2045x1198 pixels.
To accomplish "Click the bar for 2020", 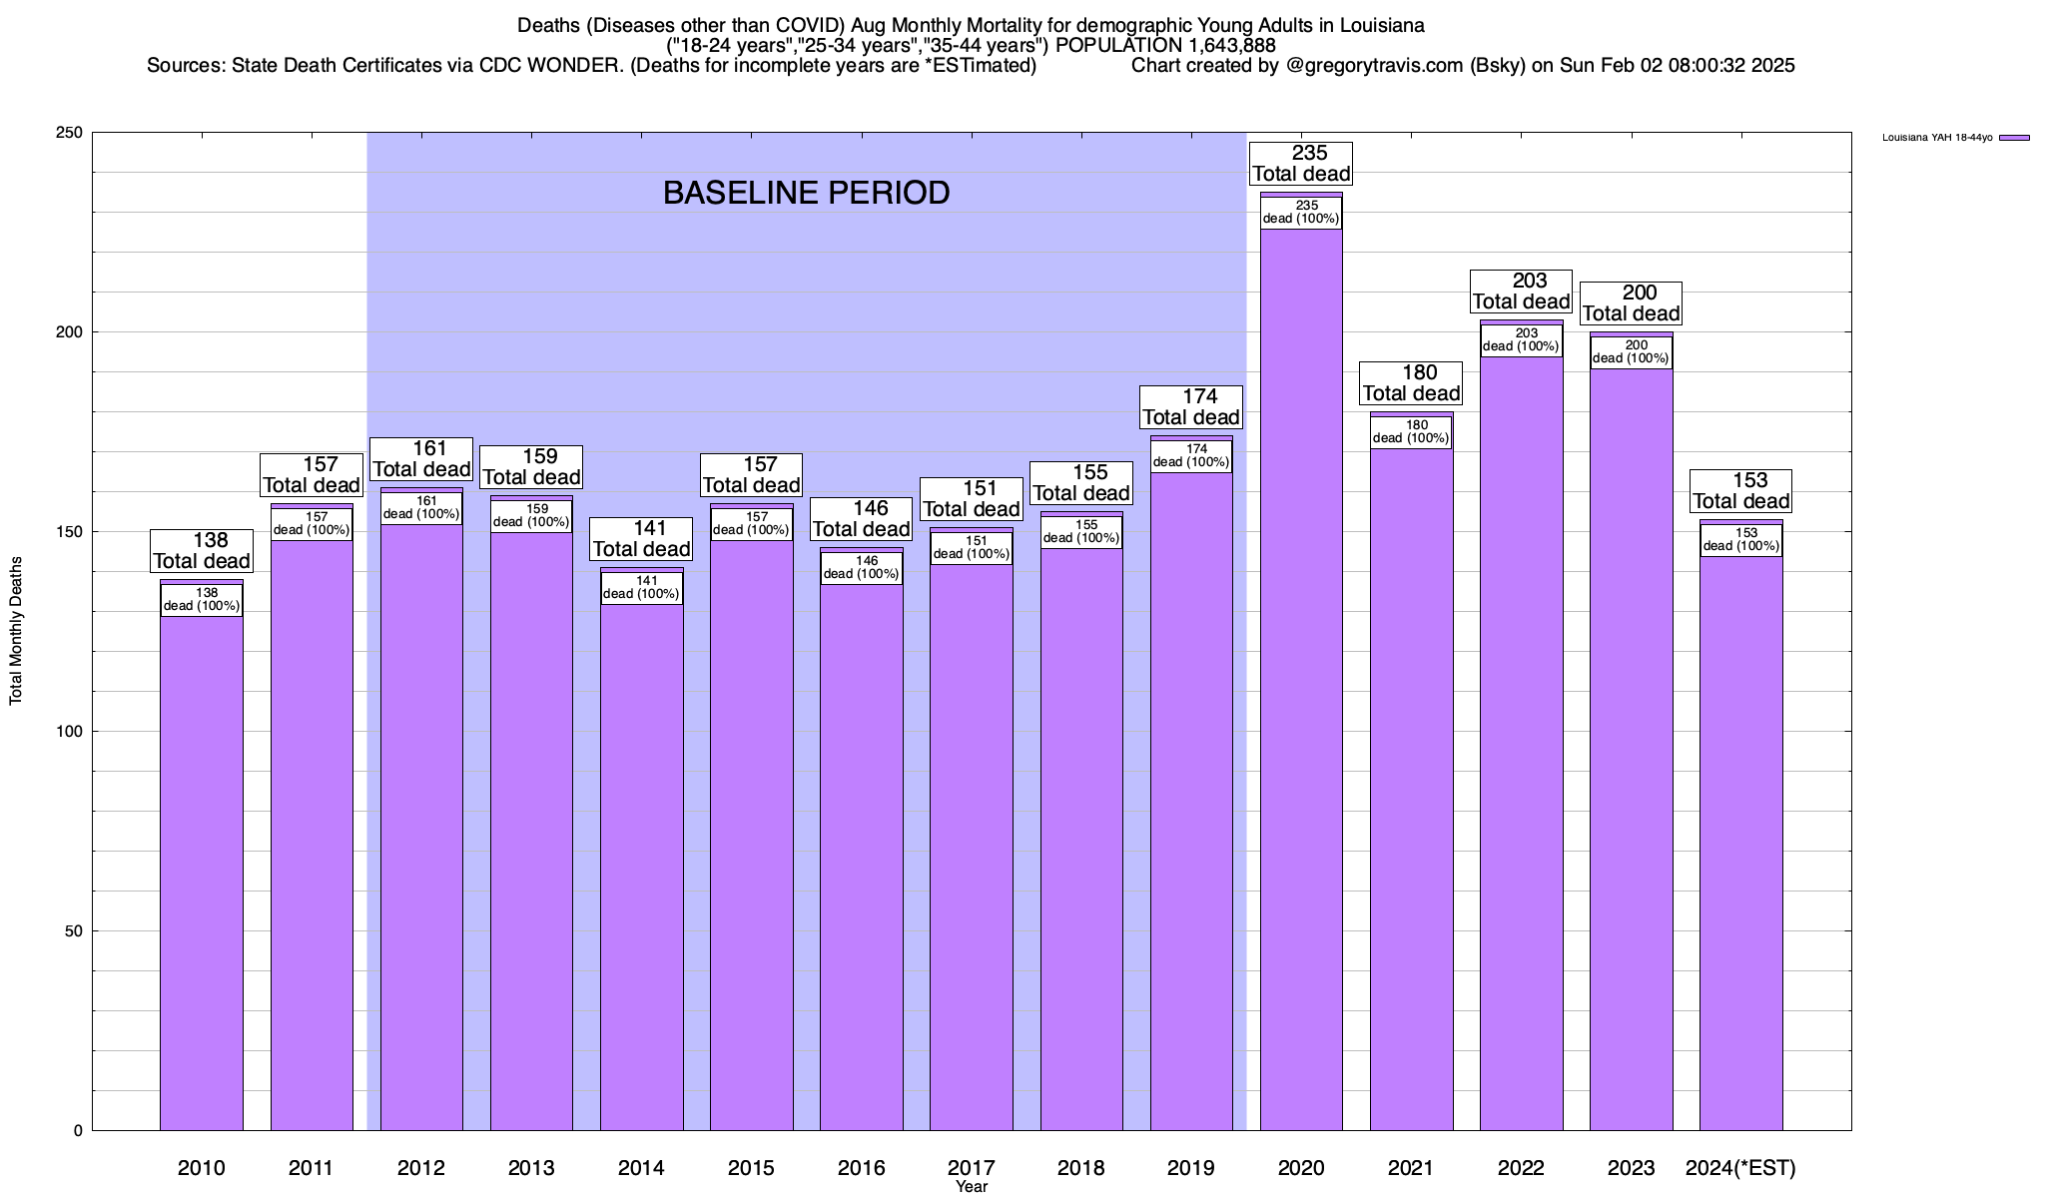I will (x=1301, y=679).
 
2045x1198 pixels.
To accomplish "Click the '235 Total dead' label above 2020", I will (x=1301, y=164).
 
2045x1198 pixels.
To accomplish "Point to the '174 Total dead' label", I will (x=1191, y=407).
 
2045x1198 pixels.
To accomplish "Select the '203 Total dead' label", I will (x=1521, y=292).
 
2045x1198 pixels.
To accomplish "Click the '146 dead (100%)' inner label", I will (x=861, y=568).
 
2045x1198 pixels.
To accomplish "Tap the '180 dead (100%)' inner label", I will (x=1411, y=432).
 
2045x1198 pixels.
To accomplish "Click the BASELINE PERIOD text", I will (x=806, y=193).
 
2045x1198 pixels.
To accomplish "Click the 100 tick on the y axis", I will (x=70, y=732).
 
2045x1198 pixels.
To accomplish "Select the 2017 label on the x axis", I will (x=971, y=1168).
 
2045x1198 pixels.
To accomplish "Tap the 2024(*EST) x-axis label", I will (x=1740, y=1168).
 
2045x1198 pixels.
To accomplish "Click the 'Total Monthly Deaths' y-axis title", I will (x=16, y=631).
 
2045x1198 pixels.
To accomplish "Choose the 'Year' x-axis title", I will (x=971, y=1187).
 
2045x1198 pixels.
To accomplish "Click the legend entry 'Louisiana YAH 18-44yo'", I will (x=1937, y=138).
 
